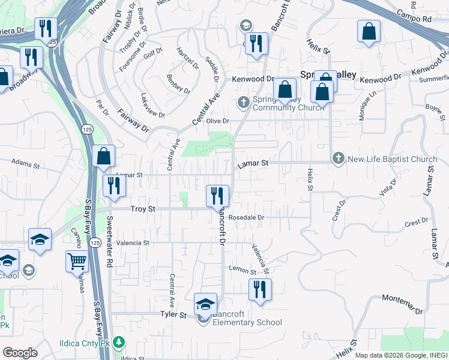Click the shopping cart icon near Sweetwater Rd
coord(77,262)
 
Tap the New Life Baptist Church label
coord(392,159)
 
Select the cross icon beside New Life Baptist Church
coord(339,158)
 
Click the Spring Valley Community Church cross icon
coord(244,101)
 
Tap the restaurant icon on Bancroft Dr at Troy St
coord(217,196)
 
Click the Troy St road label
coord(143,209)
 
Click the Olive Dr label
coord(218,121)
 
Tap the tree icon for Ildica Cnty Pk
coord(119,343)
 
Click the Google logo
coord(20,353)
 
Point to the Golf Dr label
coord(155,52)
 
